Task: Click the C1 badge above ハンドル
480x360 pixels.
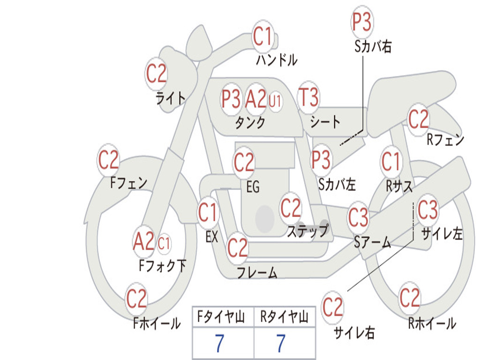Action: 262,36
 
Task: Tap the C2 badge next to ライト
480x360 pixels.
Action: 156,74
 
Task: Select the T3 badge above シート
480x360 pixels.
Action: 308,97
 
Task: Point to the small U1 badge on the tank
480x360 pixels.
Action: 275,101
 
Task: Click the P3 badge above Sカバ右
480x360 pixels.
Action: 362,22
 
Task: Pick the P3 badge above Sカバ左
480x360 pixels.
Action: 321,159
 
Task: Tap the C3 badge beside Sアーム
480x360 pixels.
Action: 358,217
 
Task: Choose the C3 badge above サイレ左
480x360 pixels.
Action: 427,210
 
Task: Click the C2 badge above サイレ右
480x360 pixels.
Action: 332,307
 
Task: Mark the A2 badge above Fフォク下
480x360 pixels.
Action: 143,241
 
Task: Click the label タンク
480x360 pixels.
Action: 250,123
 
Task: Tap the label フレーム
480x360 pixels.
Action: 257,272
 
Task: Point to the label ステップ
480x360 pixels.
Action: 307,231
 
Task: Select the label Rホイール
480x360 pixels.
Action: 432,323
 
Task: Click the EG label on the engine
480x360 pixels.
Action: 253,187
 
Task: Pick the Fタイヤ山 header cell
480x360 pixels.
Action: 223,316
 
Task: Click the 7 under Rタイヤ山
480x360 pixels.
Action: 281,343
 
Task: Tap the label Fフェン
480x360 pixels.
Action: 128,183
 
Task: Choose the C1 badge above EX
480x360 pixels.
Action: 208,212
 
